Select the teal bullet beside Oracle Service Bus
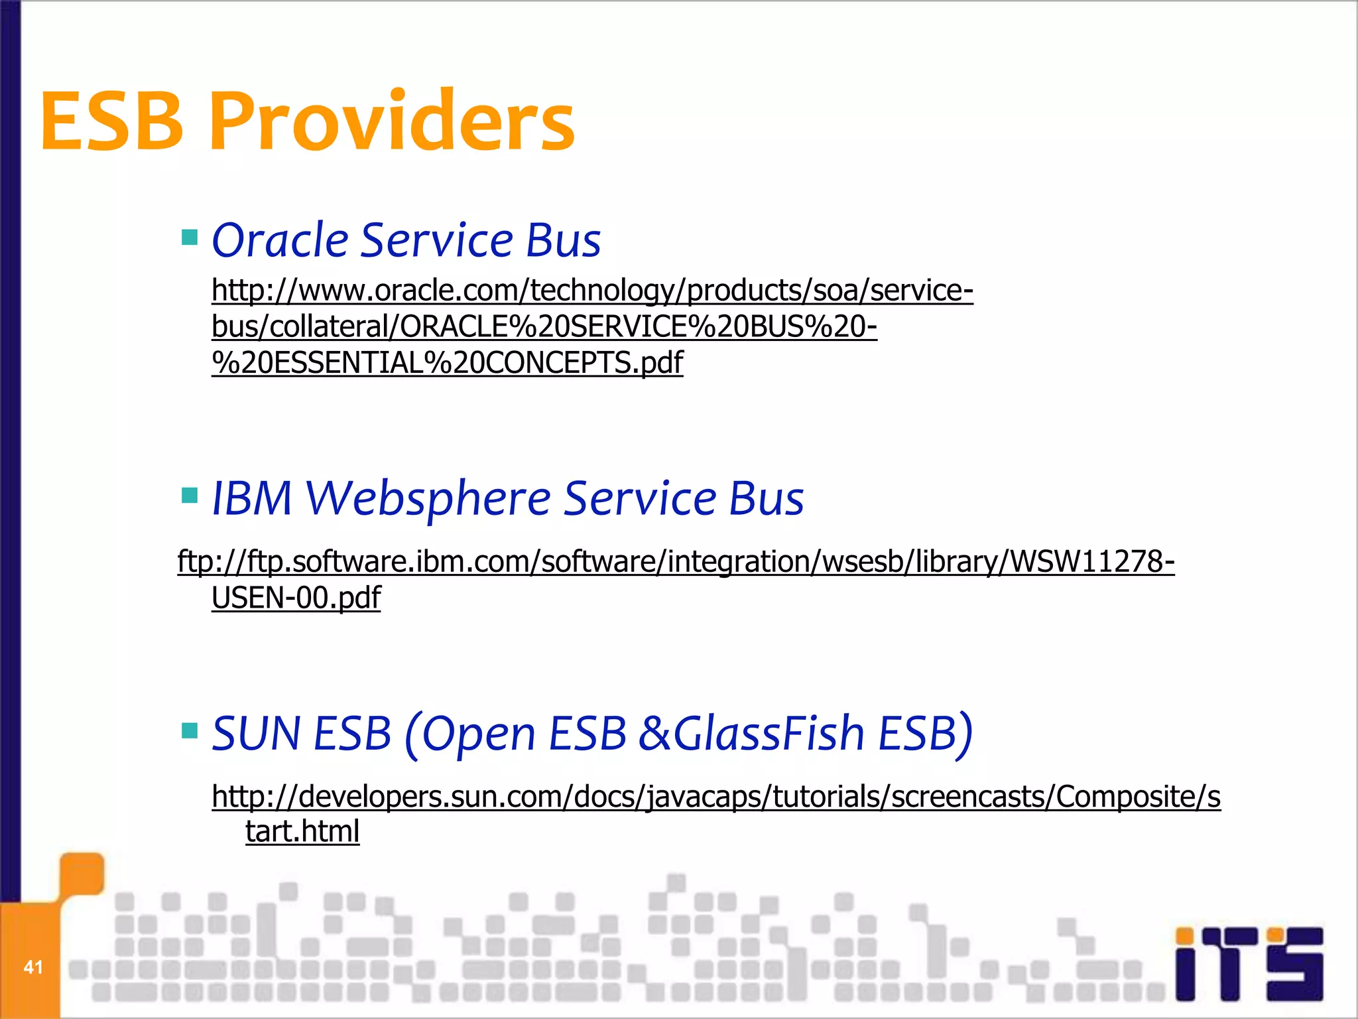pyautogui.click(x=190, y=237)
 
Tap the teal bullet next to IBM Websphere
pyautogui.click(x=190, y=495)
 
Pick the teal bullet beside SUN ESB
pyautogui.click(x=190, y=730)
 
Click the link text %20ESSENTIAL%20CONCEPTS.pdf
pyautogui.click(x=447, y=363)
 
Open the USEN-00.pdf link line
pyautogui.click(x=296, y=598)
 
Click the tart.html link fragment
pyautogui.click(x=302, y=831)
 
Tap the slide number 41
pyautogui.click(x=33, y=967)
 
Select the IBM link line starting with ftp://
pyautogui.click(x=676, y=562)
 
